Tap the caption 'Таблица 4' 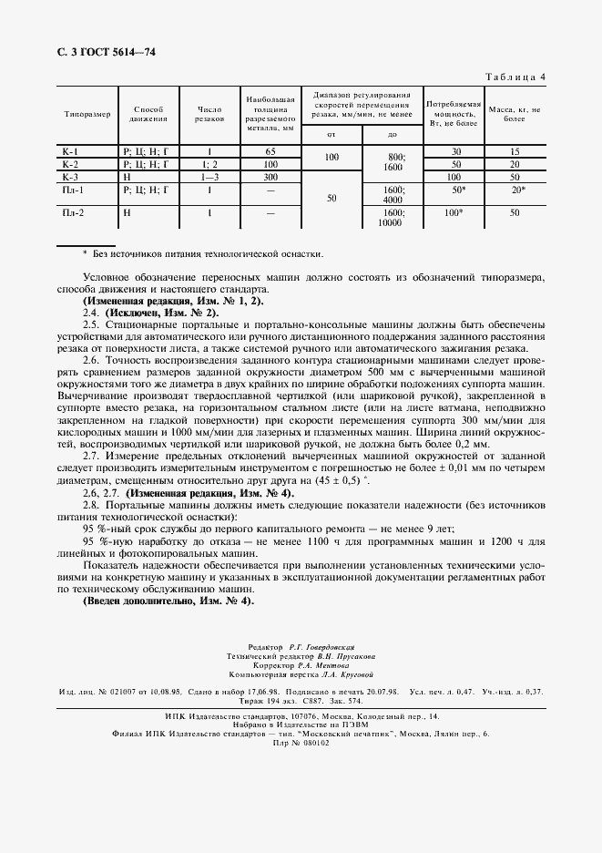pos(514,77)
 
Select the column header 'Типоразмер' pos(87,114)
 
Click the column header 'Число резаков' pos(209,114)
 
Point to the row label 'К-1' pos(70,151)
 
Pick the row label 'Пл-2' pos(72,212)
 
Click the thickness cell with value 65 pos(270,151)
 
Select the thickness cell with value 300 pos(270,177)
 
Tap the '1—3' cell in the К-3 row pos(209,177)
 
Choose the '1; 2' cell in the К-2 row pos(209,164)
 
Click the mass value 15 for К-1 pos(515,151)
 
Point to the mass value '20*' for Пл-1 pos(517,190)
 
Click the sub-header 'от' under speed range pos(332,135)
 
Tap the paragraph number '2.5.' pos(91,324)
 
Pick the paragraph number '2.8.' pos(91,505)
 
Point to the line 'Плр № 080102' pos(301,742)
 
